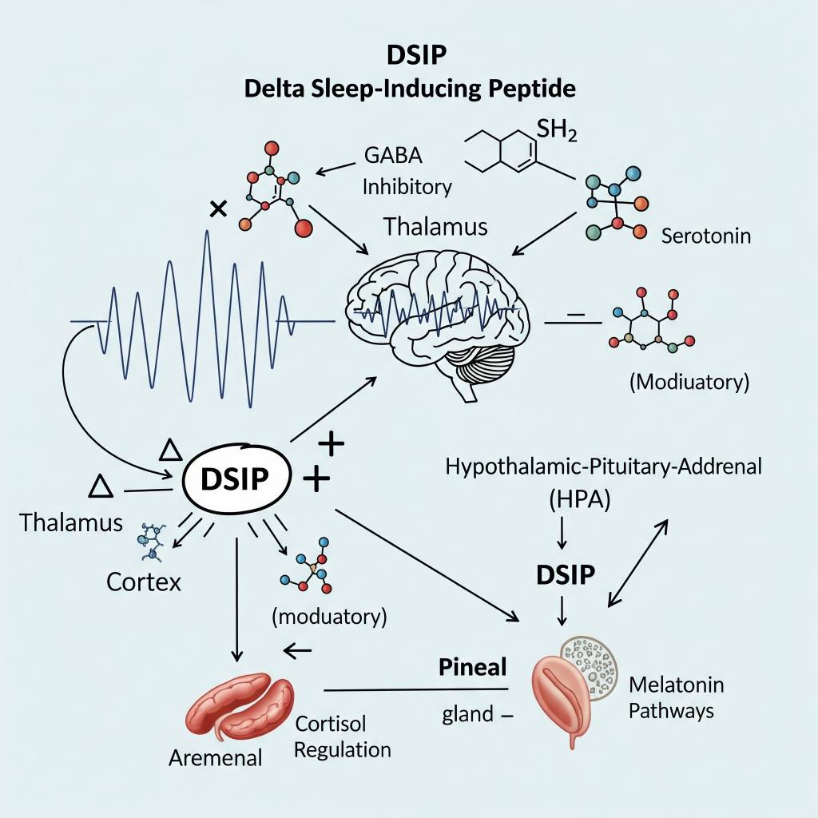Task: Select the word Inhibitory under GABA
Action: pyautogui.click(x=407, y=187)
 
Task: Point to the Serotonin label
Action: pyautogui.click(x=706, y=236)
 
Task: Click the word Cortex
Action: pyautogui.click(x=144, y=581)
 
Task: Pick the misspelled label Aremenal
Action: pyautogui.click(x=216, y=757)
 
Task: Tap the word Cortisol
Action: pyautogui.click(x=331, y=724)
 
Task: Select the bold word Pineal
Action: pyautogui.click(x=473, y=667)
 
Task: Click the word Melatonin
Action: pyautogui.click(x=676, y=685)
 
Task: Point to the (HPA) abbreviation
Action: pyautogui.click(x=579, y=501)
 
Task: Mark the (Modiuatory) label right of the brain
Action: pyautogui.click(x=689, y=382)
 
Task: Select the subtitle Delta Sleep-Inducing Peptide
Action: pyautogui.click(x=409, y=88)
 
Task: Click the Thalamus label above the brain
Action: pyautogui.click(x=435, y=226)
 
